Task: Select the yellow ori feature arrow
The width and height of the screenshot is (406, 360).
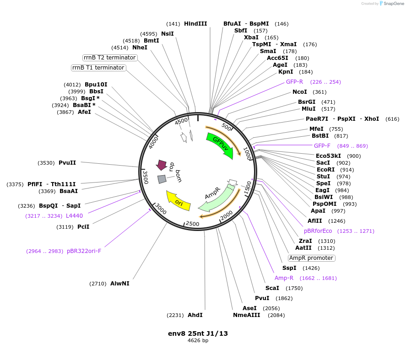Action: pyautogui.click(x=178, y=201)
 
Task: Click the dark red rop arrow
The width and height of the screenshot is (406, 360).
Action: pyautogui.click(x=162, y=165)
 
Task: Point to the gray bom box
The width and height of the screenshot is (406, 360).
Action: pyautogui.click(x=162, y=179)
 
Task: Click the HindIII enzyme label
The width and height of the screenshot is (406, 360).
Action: pyautogui.click(x=195, y=24)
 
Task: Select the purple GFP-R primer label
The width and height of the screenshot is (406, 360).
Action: pyautogui.click(x=294, y=82)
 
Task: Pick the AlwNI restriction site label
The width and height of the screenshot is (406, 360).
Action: pyautogui.click(x=119, y=284)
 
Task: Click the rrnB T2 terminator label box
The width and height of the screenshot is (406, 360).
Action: pyautogui.click(x=110, y=58)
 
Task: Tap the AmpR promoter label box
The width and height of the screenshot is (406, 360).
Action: pyautogui.click(x=312, y=258)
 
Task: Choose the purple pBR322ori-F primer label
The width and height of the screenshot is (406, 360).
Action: pyautogui.click(x=84, y=251)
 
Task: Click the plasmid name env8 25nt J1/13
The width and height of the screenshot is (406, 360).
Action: pyautogui.click(x=198, y=333)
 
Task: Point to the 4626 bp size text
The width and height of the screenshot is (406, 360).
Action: pyautogui.click(x=198, y=341)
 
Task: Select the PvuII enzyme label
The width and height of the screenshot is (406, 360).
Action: pyautogui.click(x=67, y=162)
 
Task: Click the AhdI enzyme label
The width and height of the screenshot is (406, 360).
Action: pyautogui.click(x=195, y=315)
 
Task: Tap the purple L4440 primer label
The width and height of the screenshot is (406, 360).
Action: pyautogui.click(x=74, y=216)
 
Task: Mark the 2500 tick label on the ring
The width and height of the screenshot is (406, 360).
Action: pyautogui.click(x=193, y=224)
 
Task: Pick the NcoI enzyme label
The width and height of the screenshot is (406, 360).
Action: pyautogui.click(x=300, y=92)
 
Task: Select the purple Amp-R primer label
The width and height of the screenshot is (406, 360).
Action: pyautogui.click(x=284, y=278)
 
